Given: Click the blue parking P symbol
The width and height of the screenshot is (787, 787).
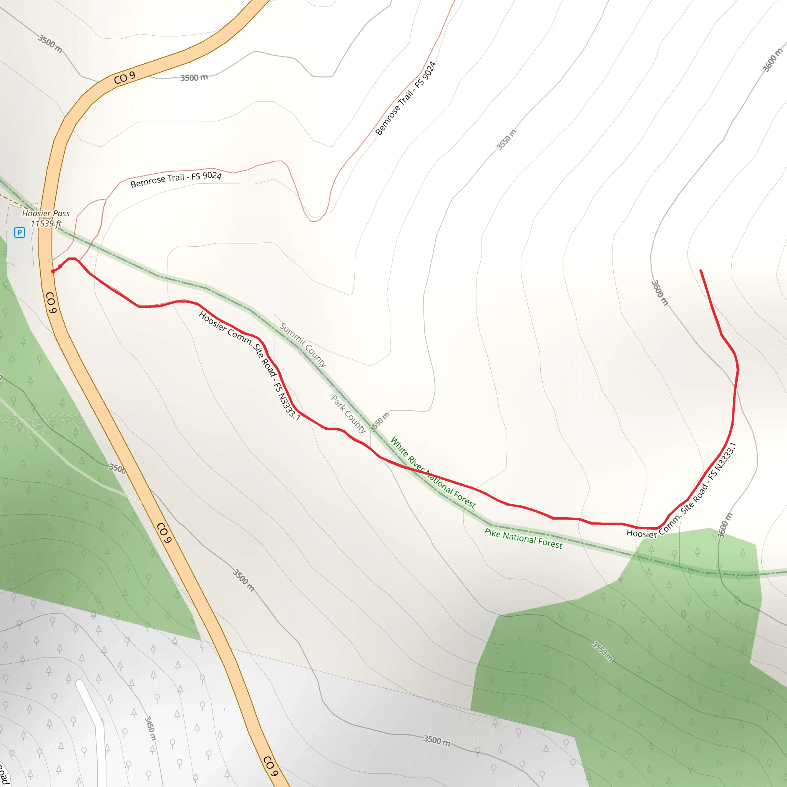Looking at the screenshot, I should point(20,232).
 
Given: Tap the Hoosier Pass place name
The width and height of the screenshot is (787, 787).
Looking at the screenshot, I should point(46,213).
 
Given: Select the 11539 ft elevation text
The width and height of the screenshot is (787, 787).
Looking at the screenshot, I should point(46,224).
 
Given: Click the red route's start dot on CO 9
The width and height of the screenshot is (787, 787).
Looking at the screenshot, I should point(53,271).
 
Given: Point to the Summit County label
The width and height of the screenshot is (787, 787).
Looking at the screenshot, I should point(303,345).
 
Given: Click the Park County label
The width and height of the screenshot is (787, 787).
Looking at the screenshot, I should point(348,414).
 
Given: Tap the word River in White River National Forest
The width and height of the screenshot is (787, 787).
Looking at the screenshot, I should point(416,462).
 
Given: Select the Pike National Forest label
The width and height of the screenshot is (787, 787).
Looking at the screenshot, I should point(523,538).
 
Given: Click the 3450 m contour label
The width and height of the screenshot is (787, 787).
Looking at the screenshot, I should point(150,728).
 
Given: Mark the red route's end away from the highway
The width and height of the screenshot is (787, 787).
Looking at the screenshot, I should point(701,271).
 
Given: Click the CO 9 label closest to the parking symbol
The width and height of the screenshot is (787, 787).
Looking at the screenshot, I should point(50,302).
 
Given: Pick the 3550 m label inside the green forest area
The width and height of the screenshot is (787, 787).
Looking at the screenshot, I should point(602,652).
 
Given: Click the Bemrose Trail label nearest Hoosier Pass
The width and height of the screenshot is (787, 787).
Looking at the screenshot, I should point(176,179).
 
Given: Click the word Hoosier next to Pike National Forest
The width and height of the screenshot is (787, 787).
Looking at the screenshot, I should point(642,533).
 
